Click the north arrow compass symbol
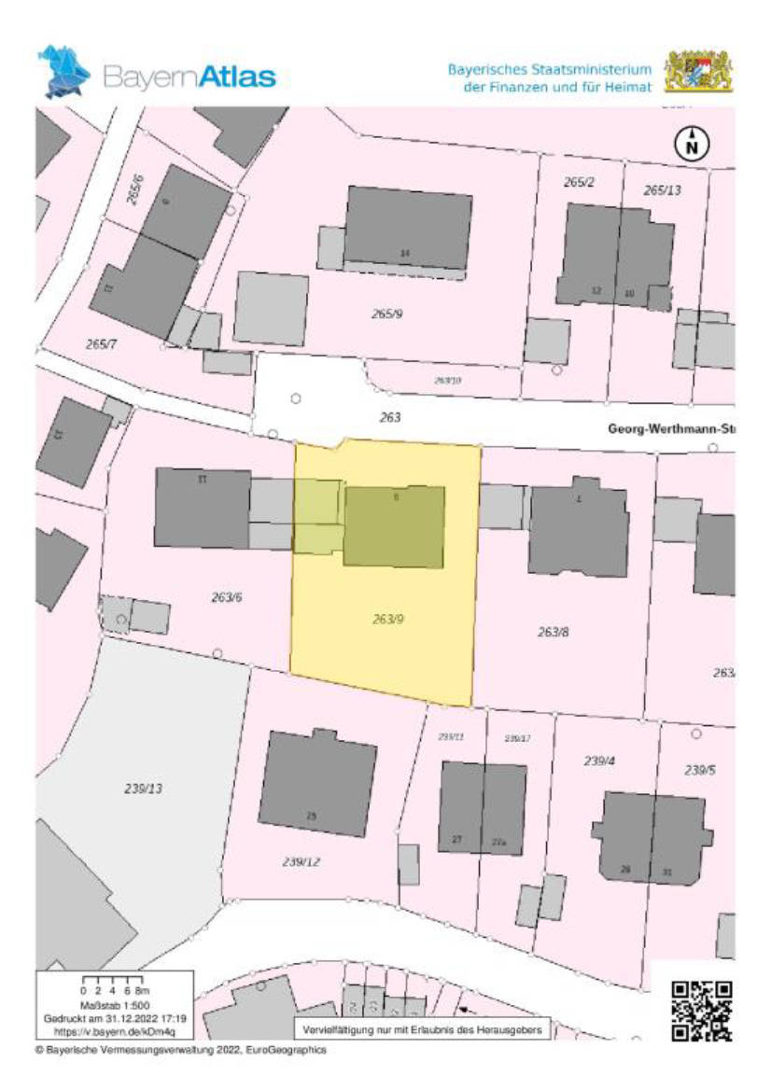pyautogui.click(x=692, y=144)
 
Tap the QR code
pyautogui.click(x=702, y=1011)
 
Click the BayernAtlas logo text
pyautogui.click(x=190, y=76)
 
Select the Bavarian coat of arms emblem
pyautogui.click(x=698, y=73)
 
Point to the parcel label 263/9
pyautogui.click(x=388, y=619)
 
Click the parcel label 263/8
pyautogui.click(x=553, y=632)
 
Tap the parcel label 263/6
pyautogui.click(x=226, y=597)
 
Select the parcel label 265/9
pyautogui.click(x=386, y=314)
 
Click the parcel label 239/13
pyautogui.click(x=144, y=789)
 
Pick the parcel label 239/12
pyautogui.click(x=301, y=861)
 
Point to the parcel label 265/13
pyautogui.click(x=662, y=190)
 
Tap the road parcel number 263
pyautogui.click(x=390, y=417)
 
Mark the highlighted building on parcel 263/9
pyautogui.click(x=394, y=526)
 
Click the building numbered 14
pyautogui.click(x=407, y=229)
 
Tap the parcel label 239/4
pyautogui.click(x=600, y=761)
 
